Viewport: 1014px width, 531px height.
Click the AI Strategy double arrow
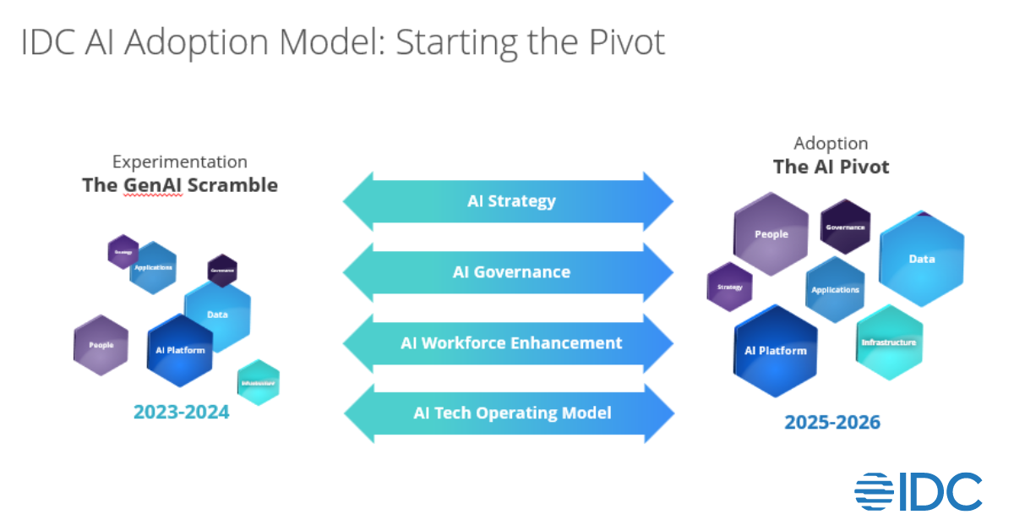508,201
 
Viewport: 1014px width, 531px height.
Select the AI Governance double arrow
508,272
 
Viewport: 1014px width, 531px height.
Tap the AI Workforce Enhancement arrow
508,343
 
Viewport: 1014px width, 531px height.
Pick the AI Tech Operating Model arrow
508,413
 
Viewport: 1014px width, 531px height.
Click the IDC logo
919,491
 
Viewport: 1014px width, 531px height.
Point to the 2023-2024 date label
181,413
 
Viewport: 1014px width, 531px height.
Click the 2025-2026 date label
832,421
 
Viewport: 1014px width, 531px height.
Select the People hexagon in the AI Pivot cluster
771,233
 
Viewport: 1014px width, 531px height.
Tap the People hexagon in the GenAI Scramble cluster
101,345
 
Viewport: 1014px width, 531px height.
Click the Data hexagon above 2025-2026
922,259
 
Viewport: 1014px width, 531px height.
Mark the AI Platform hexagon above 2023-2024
180,349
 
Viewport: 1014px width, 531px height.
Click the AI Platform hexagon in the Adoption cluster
776,350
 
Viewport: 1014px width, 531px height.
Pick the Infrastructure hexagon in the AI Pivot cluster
889,342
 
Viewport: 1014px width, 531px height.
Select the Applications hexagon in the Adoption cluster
835,290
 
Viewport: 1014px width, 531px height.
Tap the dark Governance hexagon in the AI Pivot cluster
845,227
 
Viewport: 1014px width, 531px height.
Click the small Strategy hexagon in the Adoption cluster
729,287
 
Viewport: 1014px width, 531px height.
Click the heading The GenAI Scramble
180,184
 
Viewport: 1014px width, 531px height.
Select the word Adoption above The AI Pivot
831,144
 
